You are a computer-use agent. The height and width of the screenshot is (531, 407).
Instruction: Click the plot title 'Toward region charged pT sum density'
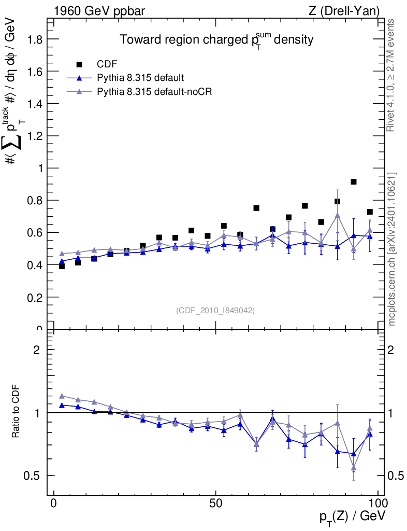tap(217, 40)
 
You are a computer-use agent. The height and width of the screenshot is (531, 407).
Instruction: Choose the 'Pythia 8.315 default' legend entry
tap(140, 78)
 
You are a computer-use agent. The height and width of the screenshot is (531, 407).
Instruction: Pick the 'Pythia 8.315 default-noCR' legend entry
tap(155, 92)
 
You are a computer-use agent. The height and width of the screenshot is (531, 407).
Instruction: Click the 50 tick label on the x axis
tap(216, 504)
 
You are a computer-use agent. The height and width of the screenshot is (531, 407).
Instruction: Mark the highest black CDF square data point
tap(354, 181)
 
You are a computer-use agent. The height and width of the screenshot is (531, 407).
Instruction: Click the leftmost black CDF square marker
tap(62, 266)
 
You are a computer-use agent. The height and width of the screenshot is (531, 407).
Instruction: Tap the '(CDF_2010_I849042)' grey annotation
tap(215, 310)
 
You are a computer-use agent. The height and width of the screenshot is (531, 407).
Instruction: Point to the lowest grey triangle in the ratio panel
tap(354, 468)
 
